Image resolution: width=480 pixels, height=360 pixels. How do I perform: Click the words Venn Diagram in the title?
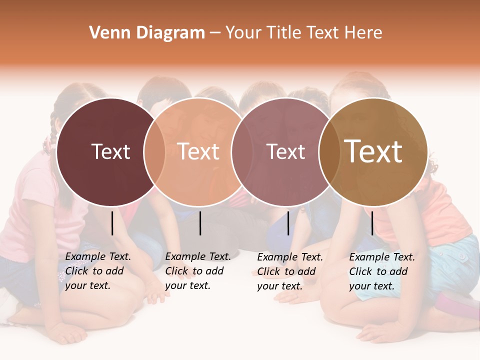[147, 33]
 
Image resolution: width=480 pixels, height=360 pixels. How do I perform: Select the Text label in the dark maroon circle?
[110, 151]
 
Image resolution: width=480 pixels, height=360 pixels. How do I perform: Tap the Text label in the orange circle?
[198, 151]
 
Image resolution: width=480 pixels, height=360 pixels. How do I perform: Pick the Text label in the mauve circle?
[286, 151]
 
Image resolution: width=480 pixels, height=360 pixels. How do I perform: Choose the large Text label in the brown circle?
[373, 151]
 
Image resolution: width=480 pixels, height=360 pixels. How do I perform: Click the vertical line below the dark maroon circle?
[112, 223]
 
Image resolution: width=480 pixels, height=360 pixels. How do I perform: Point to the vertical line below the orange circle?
[200, 223]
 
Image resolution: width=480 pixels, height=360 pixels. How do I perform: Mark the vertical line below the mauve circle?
[288, 223]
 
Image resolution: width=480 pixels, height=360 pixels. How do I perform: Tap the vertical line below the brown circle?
[372, 223]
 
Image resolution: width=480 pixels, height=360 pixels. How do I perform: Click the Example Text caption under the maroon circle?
[97, 271]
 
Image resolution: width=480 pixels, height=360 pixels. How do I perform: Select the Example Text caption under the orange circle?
[197, 271]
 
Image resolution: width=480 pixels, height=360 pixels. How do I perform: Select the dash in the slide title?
[214, 33]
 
